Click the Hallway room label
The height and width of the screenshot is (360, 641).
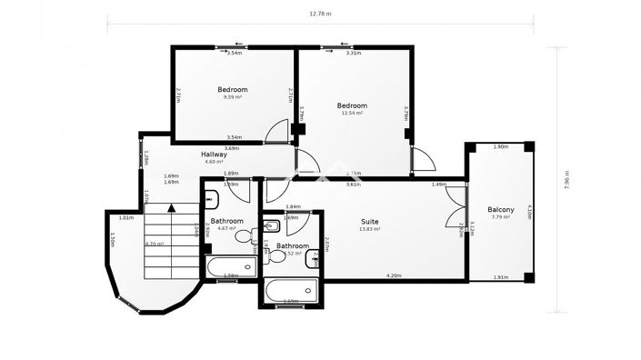point(214,155)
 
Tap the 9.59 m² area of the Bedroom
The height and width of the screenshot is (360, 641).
point(233,97)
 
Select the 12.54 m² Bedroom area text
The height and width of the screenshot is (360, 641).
point(352,113)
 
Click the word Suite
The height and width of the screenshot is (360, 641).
point(369,221)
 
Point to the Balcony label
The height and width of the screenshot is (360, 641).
point(500,208)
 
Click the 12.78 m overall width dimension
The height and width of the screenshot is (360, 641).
point(320,14)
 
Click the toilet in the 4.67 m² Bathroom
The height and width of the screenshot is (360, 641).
point(243,236)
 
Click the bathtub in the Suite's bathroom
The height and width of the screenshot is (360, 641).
point(290,292)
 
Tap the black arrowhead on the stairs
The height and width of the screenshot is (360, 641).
point(171,208)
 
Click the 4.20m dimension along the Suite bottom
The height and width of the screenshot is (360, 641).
point(393,275)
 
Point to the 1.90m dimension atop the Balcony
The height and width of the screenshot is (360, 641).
point(499,146)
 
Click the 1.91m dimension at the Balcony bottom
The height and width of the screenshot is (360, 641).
point(499,276)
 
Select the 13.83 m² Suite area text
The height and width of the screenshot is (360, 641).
point(369,229)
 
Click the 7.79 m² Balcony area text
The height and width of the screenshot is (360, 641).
point(500,216)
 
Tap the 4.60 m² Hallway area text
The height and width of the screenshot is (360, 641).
point(214,162)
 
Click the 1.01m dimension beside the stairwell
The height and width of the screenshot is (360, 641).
point(126,217)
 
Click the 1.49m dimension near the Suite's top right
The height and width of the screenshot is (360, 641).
point(439,185)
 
